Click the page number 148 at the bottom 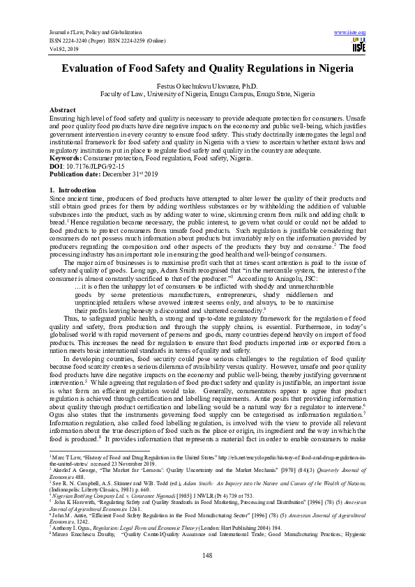coord(207,554)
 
